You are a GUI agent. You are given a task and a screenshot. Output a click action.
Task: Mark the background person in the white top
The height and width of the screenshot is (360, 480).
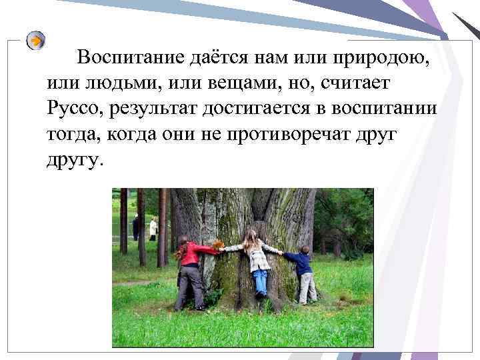click(x=153, y=229)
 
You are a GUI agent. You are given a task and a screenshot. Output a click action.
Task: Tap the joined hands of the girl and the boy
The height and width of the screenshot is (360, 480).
click(x=281, y=253)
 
